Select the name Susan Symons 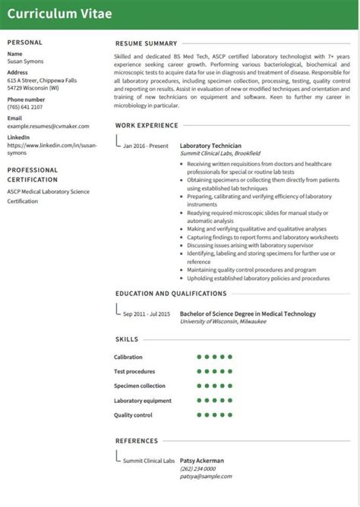26,61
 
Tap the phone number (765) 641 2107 25,107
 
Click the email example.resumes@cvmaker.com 44,125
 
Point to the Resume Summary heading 146,44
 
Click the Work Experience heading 146,124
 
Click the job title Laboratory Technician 210,145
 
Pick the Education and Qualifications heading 171,293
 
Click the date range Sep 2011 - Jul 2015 146,313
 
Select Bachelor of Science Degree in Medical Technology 248,313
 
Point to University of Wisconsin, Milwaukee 223,322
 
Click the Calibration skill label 128,357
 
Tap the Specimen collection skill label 139,386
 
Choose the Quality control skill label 133,414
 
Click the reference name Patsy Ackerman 202,460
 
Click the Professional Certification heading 33,175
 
